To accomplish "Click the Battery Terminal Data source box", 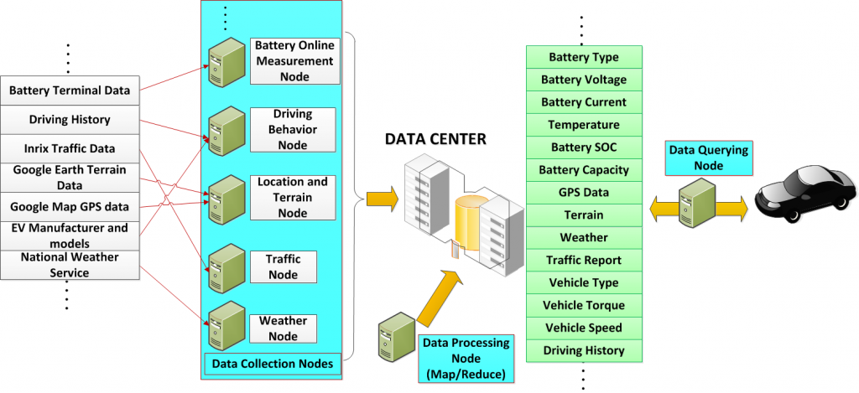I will (x=69, y=88).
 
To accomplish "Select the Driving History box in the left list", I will (x=69, y=119).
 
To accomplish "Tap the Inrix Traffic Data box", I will (x=69, y=148).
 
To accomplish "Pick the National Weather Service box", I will (x=69, y=264).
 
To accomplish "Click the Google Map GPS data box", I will (x=69, y=206).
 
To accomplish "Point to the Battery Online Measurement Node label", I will (x=294, y=60).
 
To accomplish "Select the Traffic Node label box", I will (x=284, y=266).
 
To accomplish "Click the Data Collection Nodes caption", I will (x=273, y=364).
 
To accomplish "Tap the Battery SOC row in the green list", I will (x=584, y=147).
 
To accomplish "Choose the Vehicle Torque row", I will (x=584, y=306).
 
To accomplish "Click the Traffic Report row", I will (x=584, y=261).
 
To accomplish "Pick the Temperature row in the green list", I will (x=584, y=125).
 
